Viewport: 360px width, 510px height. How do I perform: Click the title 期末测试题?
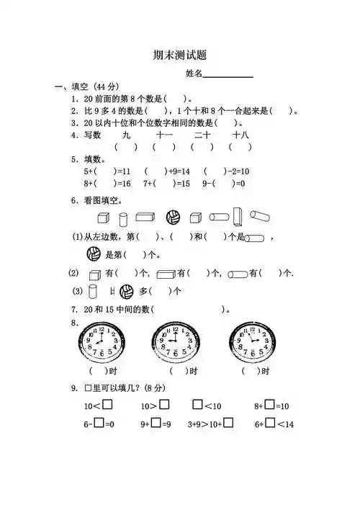[179, 55]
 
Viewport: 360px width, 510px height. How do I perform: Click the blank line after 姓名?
[228, 75]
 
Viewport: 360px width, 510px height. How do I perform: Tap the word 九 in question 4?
[127, 135]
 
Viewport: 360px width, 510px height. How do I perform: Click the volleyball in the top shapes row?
[173, 217]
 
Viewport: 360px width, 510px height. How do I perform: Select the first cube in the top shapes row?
[103, 218]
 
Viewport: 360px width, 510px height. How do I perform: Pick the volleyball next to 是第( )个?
[94, 254]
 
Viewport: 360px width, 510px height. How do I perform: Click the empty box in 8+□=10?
[269, 405]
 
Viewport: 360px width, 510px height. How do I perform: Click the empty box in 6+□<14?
[269, 424]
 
